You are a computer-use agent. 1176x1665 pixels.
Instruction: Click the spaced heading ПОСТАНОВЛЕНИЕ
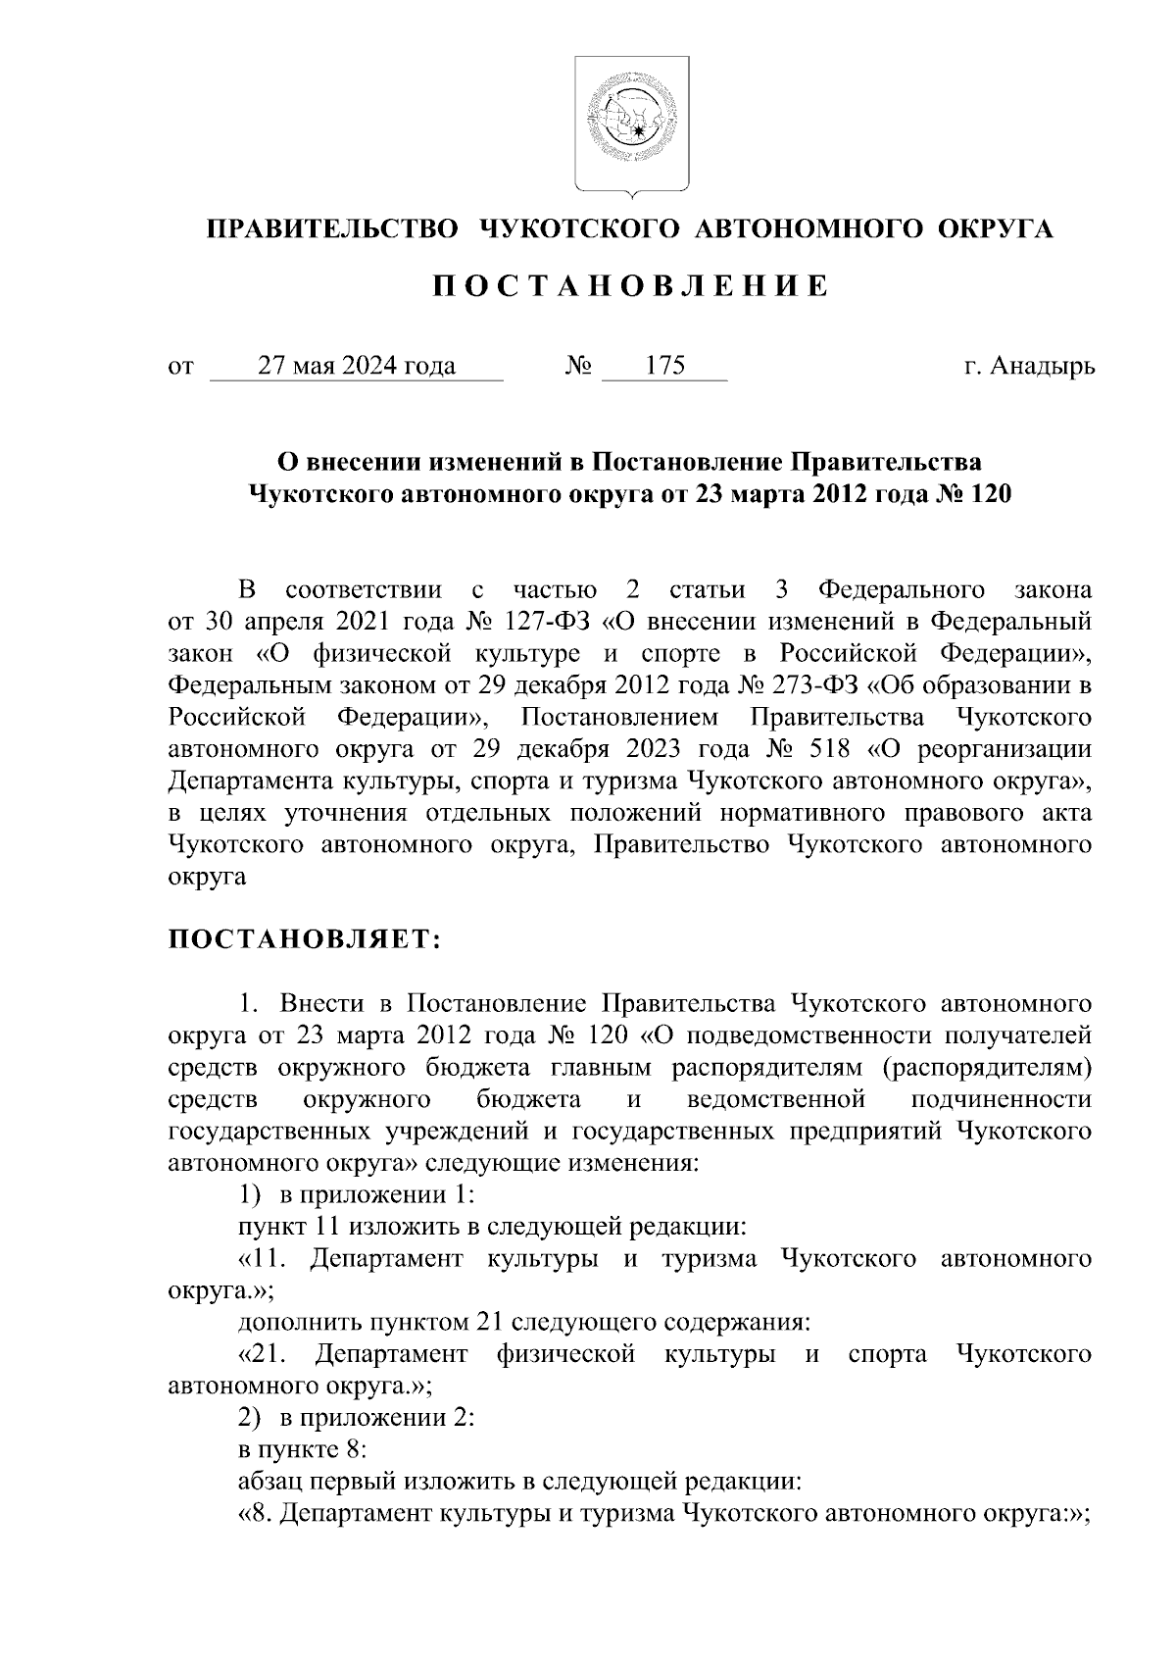[630, 286]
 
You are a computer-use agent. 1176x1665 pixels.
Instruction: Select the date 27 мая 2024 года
[356, 367]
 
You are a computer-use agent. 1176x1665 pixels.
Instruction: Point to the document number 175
[664, 367]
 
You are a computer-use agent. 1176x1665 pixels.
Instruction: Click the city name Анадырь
[1042, 367]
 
